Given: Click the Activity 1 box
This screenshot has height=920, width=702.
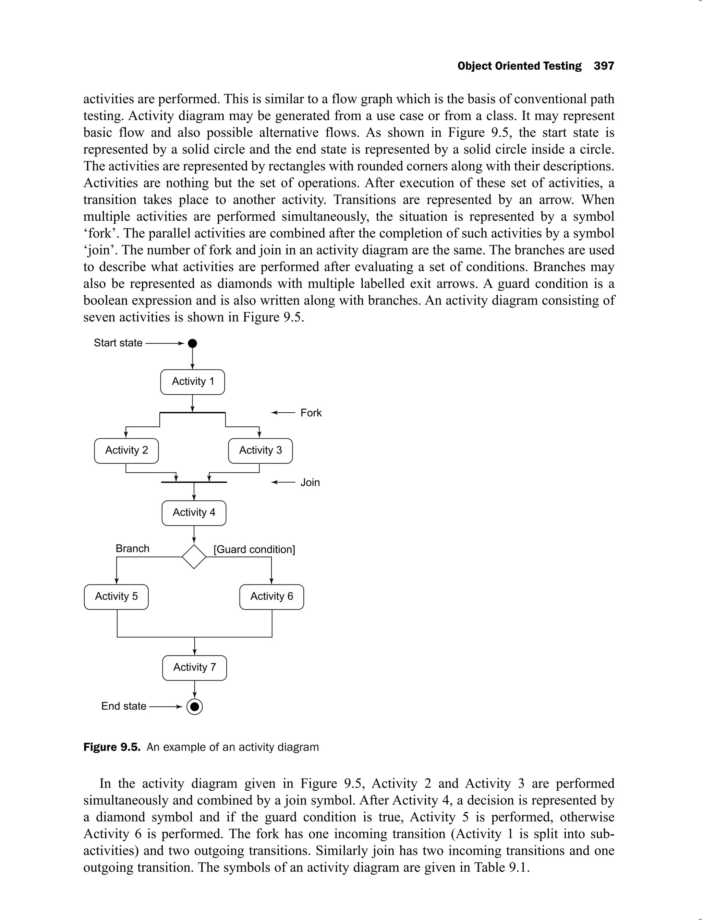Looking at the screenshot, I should (193, 382).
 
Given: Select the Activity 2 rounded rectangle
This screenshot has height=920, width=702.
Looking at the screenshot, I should (126, 450).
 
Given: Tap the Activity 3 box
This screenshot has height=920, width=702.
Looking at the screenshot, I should (260, 450).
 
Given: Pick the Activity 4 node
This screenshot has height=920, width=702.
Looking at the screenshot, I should (194, 513).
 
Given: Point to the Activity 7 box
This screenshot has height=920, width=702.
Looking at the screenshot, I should (194, 668).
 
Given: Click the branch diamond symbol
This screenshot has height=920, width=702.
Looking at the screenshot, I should (194, 557).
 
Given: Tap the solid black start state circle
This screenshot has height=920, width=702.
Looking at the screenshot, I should (192, 343).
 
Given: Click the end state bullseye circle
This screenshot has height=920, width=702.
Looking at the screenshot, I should (194, 707).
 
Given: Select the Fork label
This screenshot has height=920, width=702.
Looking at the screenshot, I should (311, 413).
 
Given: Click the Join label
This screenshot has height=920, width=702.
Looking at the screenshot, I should (310, 482).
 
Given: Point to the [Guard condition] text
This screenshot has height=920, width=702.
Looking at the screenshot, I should (254, 549).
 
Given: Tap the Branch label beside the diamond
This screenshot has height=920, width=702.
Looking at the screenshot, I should (132, 548).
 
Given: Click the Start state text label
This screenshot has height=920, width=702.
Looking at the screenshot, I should (118, 343).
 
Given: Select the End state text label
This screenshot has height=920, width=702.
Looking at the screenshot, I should (124, 706).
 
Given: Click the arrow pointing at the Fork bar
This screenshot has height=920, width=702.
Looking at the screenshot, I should (283, 413).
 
